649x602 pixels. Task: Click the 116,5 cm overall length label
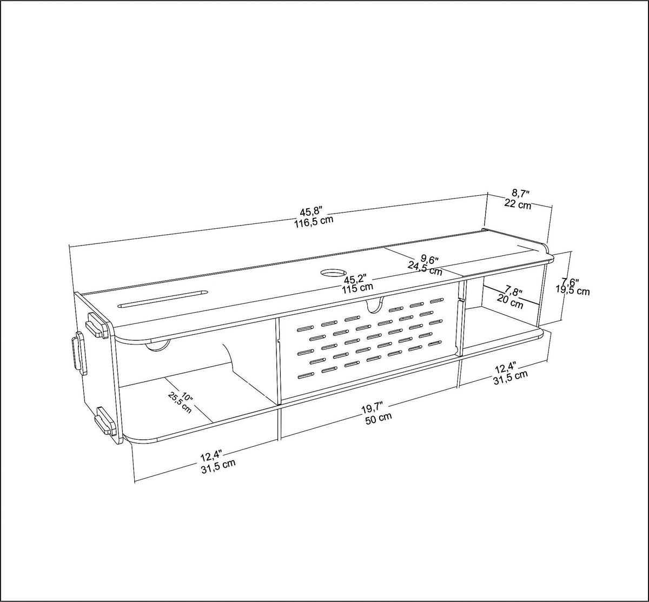point(313,222)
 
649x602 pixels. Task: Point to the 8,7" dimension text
point(520,193)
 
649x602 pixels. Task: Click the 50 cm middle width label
point(378,418)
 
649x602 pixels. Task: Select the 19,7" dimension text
point(373,407)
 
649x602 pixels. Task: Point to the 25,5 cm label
point(180,402)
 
